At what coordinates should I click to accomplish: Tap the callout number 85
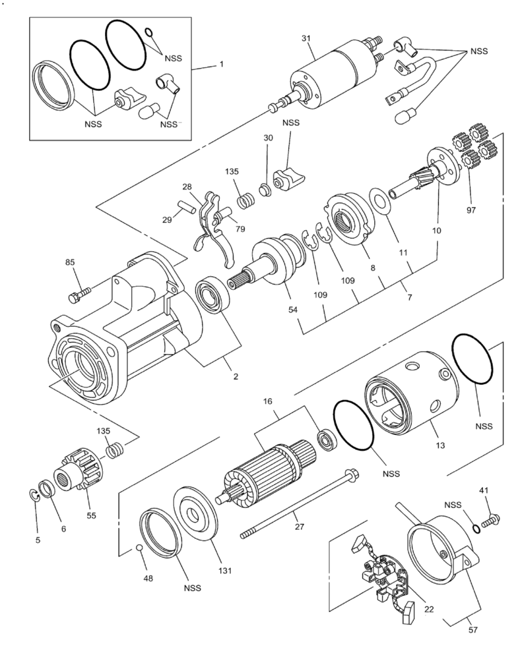coord(71,263)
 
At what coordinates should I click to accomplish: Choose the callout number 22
coord(429,610)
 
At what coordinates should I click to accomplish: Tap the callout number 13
coord(440,446)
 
